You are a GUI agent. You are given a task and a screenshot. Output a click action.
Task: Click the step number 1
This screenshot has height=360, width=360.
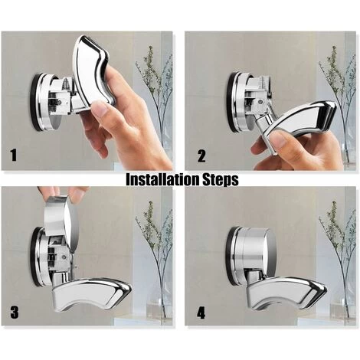tap(14, 155)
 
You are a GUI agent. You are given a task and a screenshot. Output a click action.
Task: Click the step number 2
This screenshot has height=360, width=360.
tap(201, 155)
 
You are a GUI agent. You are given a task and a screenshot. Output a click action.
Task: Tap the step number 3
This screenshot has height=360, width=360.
tap(15, 313)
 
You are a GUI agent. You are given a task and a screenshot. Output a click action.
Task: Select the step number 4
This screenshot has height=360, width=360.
tap(201, 313)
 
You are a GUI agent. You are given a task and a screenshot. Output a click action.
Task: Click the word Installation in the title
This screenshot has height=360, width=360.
tap(162, 179)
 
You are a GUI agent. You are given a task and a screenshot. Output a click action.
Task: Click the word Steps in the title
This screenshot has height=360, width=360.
tap(221, 180)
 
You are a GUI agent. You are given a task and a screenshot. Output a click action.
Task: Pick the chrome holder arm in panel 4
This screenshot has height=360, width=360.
tap(286, 293)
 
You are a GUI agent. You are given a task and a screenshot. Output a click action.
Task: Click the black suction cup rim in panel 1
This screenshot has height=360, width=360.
tap(33, 102)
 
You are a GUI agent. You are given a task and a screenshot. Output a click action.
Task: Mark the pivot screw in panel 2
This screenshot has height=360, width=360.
tap(260, 101)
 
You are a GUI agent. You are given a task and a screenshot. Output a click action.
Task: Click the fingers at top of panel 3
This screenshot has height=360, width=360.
tap(61, 192)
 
